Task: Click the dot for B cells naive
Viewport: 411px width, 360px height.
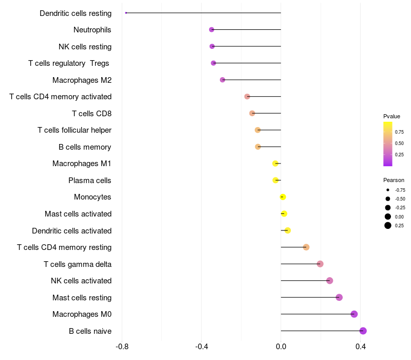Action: click(x=363, y=331)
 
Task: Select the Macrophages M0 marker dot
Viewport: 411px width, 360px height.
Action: click(x=354, y=314)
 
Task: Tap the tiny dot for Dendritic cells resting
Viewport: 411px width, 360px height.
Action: click(x=126, y=13)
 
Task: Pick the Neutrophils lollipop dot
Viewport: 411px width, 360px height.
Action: click(x=212, y=30)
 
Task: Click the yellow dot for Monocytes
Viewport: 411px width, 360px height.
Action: click(x=283, y=197)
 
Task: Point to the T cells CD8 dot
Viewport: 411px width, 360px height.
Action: click(x=252, y=113)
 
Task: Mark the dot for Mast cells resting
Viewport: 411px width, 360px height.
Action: click(x=339, y=297)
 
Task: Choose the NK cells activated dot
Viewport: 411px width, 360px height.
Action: click(x=330, y=281)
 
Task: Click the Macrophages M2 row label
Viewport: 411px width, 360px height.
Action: click(x=82, y=80)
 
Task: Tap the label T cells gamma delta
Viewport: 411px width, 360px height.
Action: click(x=78, y=264)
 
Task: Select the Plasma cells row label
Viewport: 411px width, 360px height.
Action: click(x=90, y=181)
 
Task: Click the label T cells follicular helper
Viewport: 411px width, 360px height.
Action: click(x=74, y=130)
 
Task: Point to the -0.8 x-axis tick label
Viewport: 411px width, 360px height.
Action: click(x=122, y=347)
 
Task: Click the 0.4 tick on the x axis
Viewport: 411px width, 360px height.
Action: click(x=360, y=347)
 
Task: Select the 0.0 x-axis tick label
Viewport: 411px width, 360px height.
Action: click(x=281, y=347)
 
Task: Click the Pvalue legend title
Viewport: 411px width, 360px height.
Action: click(x=391, y=116)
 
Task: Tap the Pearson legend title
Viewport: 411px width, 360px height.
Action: click(x=394, y=180)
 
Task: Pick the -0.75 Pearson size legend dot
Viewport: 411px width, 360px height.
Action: click(x=388, y=190)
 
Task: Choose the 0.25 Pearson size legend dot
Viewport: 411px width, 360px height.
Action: click(x=388, y=225)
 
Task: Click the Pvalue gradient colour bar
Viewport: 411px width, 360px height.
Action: click(x=388, y=144)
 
